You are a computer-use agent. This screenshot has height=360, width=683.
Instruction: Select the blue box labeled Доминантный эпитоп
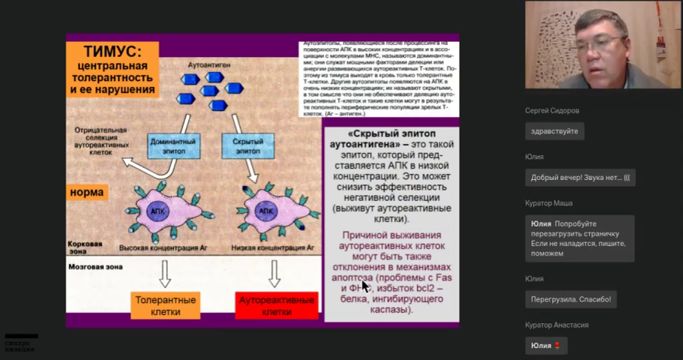click(x=173, y=145)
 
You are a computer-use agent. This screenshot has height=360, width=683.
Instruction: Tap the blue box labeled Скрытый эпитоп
click(x=247, y=145)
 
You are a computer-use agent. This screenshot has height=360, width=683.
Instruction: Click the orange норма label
click(x=86, y=192)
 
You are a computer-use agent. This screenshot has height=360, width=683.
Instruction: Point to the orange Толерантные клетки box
click(x=165, y=305)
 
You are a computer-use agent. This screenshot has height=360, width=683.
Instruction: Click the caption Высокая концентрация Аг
click(x=157, y=246)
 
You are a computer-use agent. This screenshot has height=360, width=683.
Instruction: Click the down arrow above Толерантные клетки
click(x=165, y=274)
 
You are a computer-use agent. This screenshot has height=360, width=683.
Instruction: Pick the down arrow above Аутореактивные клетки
click(x=274, y=274)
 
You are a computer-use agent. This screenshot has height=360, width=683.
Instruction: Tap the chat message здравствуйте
click(x=554, y=131)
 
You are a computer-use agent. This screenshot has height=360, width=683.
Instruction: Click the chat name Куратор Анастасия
click(x=557, y=325)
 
